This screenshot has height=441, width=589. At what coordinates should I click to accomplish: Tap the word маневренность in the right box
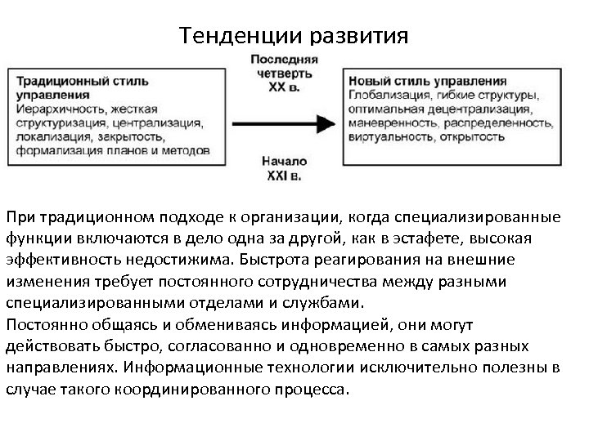click(x=392, y=122)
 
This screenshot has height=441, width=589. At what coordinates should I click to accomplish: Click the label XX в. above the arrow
click(x=283, y=86)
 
